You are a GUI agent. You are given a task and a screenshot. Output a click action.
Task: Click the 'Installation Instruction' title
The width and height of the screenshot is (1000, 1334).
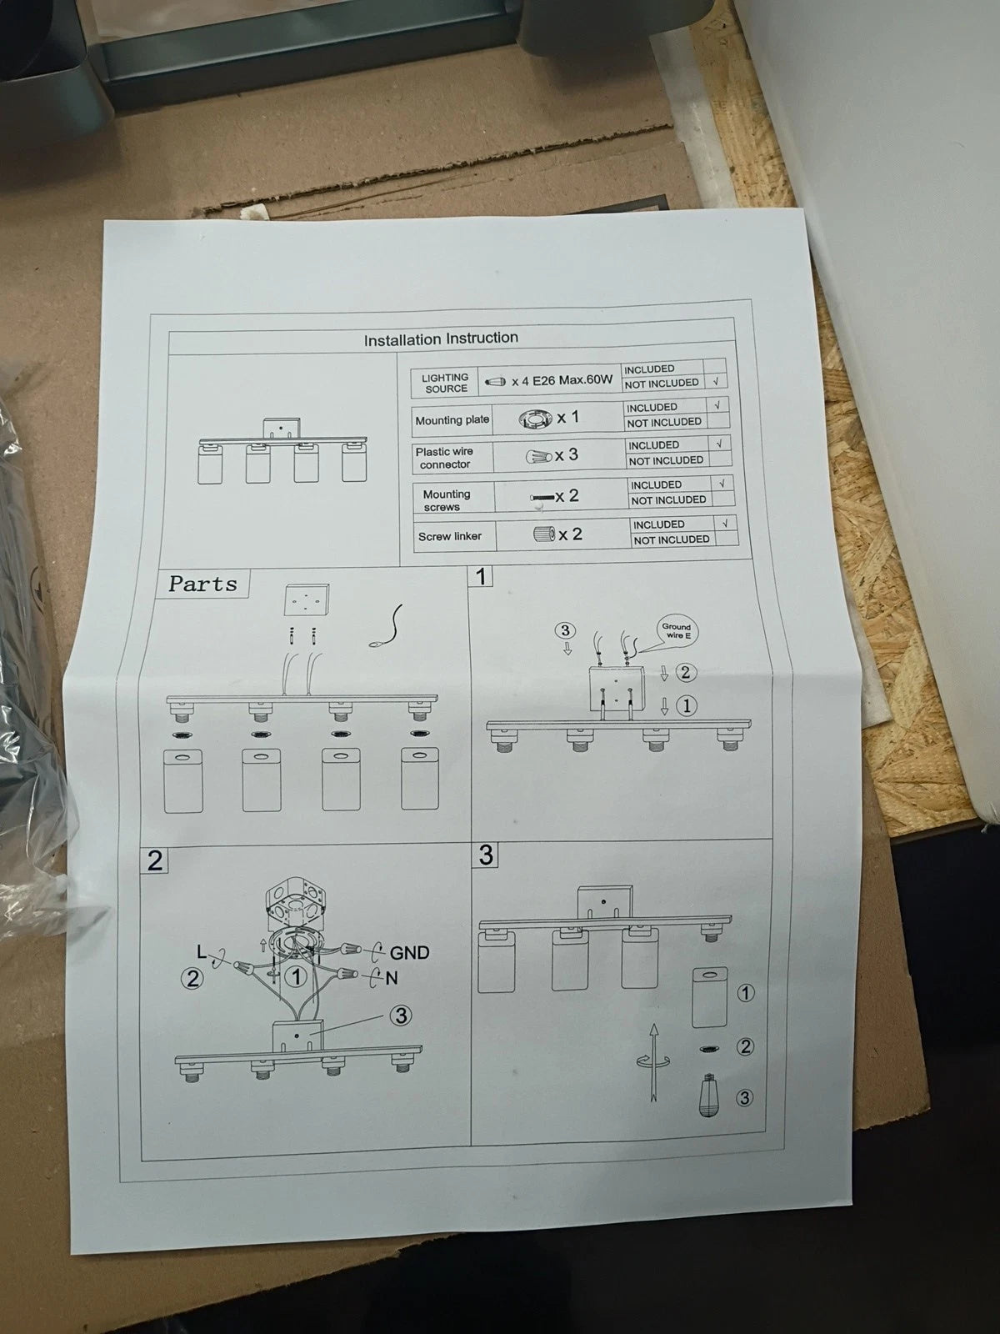(x=441, y=339)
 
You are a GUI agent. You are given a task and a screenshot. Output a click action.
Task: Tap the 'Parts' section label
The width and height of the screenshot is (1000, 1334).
(x=202, y=584)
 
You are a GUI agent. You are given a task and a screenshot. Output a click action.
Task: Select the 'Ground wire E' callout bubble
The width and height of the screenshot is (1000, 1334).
(x=677, y=631)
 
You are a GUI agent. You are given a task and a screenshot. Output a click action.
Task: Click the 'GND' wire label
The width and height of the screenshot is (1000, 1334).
(x=409, y=952)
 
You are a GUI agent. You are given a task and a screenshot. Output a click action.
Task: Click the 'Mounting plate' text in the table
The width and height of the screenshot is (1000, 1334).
(x=452, y=420)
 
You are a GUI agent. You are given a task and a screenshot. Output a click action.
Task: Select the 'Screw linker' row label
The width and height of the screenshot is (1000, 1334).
(x=449, y=536)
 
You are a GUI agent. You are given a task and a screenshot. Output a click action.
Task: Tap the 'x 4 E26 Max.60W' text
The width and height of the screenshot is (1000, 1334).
(x=562, y=381)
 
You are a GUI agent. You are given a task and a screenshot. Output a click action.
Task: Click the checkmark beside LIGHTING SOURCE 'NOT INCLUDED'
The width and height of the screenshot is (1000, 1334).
(x=716, y=382)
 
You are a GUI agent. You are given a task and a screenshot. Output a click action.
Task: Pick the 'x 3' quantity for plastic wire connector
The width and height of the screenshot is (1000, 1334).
(x=566, y=454)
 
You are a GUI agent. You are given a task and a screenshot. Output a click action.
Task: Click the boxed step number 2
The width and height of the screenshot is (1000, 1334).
(x=155, y=860)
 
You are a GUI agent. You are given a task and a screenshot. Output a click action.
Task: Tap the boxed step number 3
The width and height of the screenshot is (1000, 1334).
(x=486, y=854)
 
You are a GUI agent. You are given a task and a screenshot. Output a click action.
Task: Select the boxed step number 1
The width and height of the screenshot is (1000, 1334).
(x=481, y=575)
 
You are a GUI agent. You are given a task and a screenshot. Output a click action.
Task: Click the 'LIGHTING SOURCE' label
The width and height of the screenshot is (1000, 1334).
(x=445, y=383)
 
